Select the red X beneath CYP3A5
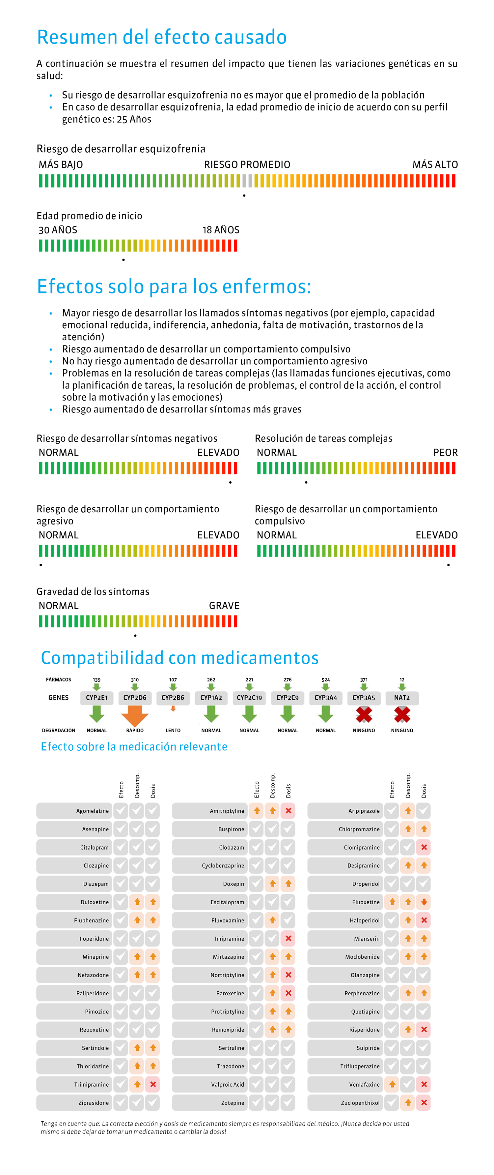pos(364,715)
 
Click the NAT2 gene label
pos(401,697)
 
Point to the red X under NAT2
pos(401,715)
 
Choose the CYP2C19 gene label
pos(249,697)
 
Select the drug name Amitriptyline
pos(227,811)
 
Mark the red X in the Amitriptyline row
pos(288,811)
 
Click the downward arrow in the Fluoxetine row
pos(424,902)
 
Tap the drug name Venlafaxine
pos(364,1085)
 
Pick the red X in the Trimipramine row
pos(153,1084)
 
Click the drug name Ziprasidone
pos(94,1103)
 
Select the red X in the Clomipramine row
pos(424,847)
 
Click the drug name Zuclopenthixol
pos(360,1103)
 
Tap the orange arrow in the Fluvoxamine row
pos(272,920)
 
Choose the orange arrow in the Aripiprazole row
pos(408,811)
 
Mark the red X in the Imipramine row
pos(288,938)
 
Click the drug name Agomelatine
pos(93,811)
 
